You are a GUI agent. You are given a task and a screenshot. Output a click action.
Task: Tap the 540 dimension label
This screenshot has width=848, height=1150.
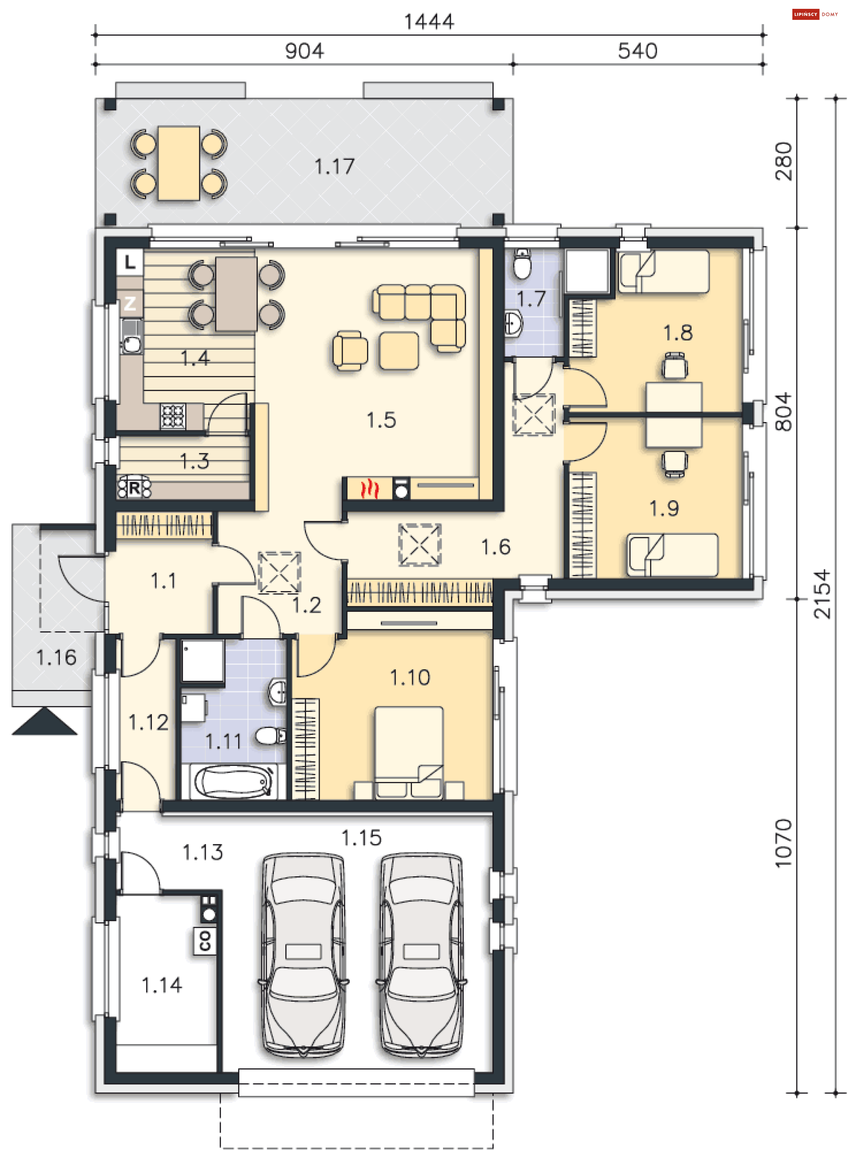[637, 51]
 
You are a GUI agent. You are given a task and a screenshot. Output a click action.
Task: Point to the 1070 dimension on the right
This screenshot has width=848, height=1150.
[784, 843]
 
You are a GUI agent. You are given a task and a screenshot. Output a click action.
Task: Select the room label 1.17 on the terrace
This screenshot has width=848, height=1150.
[334, 166]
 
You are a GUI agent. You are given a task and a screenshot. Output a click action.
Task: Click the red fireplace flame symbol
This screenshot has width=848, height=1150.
[369, 488]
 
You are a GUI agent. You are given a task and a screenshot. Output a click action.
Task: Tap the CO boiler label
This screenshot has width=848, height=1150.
[205, 940]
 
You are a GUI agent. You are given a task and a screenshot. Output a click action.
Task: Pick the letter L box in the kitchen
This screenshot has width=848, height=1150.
[130, 262]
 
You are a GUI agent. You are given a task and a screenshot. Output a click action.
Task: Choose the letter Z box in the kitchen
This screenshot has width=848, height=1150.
[130, 304]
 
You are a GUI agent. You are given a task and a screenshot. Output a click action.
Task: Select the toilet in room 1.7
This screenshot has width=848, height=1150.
[522, 264]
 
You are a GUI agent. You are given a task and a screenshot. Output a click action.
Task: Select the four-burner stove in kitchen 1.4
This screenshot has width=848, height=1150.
[173, 415]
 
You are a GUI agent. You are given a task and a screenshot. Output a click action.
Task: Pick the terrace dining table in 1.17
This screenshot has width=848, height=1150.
[178, 163]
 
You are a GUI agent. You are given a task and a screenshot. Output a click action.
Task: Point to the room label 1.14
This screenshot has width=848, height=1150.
[162, 985]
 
